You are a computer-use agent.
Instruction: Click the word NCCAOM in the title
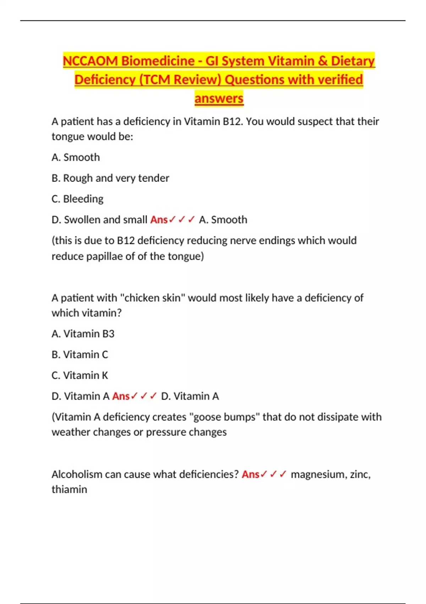click(90, 61)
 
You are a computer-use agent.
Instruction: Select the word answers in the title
click(219, 98)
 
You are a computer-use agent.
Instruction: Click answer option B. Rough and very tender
click(110, 178)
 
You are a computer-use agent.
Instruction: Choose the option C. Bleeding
click(77, 199)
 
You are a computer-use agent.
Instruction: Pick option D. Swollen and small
click(99, 220)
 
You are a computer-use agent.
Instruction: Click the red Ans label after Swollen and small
click(159, 220)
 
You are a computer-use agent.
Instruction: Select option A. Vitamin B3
click(83, 334)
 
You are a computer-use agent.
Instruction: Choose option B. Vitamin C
click(80, 355)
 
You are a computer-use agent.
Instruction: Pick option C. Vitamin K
click(80, 376)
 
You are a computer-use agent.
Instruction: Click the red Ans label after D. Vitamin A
click(121, 396)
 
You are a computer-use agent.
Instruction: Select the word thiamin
click(69, 490)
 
